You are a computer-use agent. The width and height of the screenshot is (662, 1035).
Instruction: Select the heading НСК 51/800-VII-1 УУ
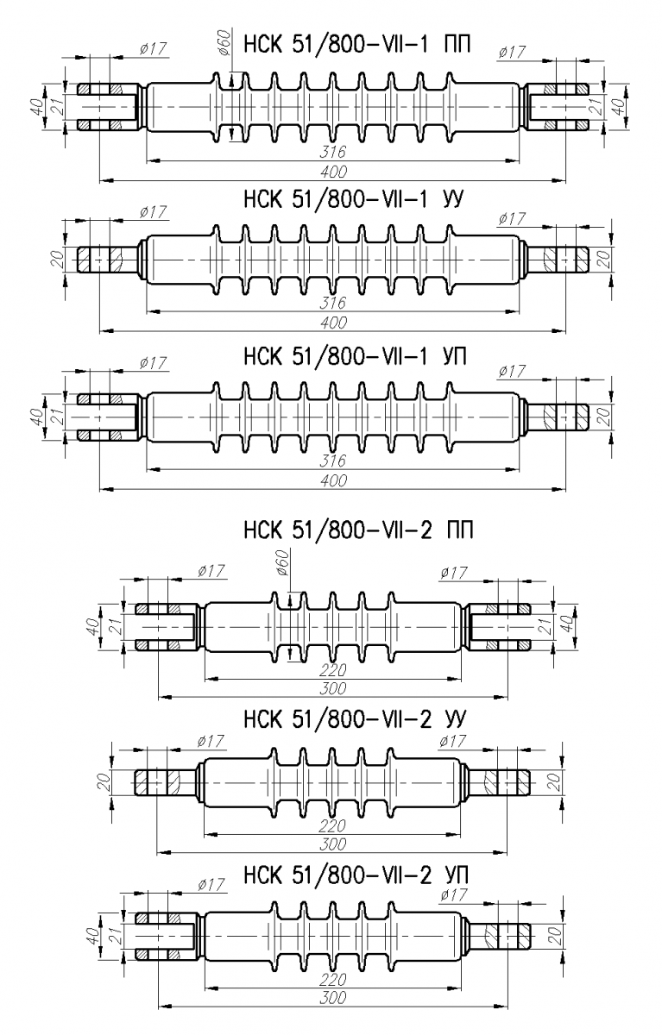(353, 200)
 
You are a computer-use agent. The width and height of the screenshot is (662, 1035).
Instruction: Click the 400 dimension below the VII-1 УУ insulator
(333, 322)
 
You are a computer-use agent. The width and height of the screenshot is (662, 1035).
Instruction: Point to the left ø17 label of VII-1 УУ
(152, 212)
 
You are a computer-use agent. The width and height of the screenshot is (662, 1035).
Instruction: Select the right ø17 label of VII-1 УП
(512, 371)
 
